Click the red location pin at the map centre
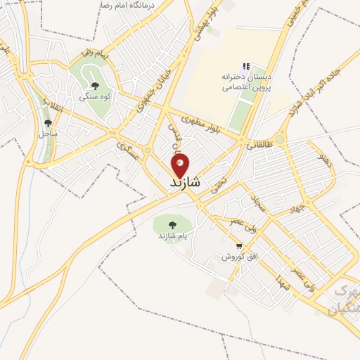[181, 165]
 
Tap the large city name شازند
[185, 182]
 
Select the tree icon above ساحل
[49, 122]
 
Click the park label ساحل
[49, 133]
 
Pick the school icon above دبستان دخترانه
[246, 66]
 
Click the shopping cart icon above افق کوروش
[240, 247]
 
